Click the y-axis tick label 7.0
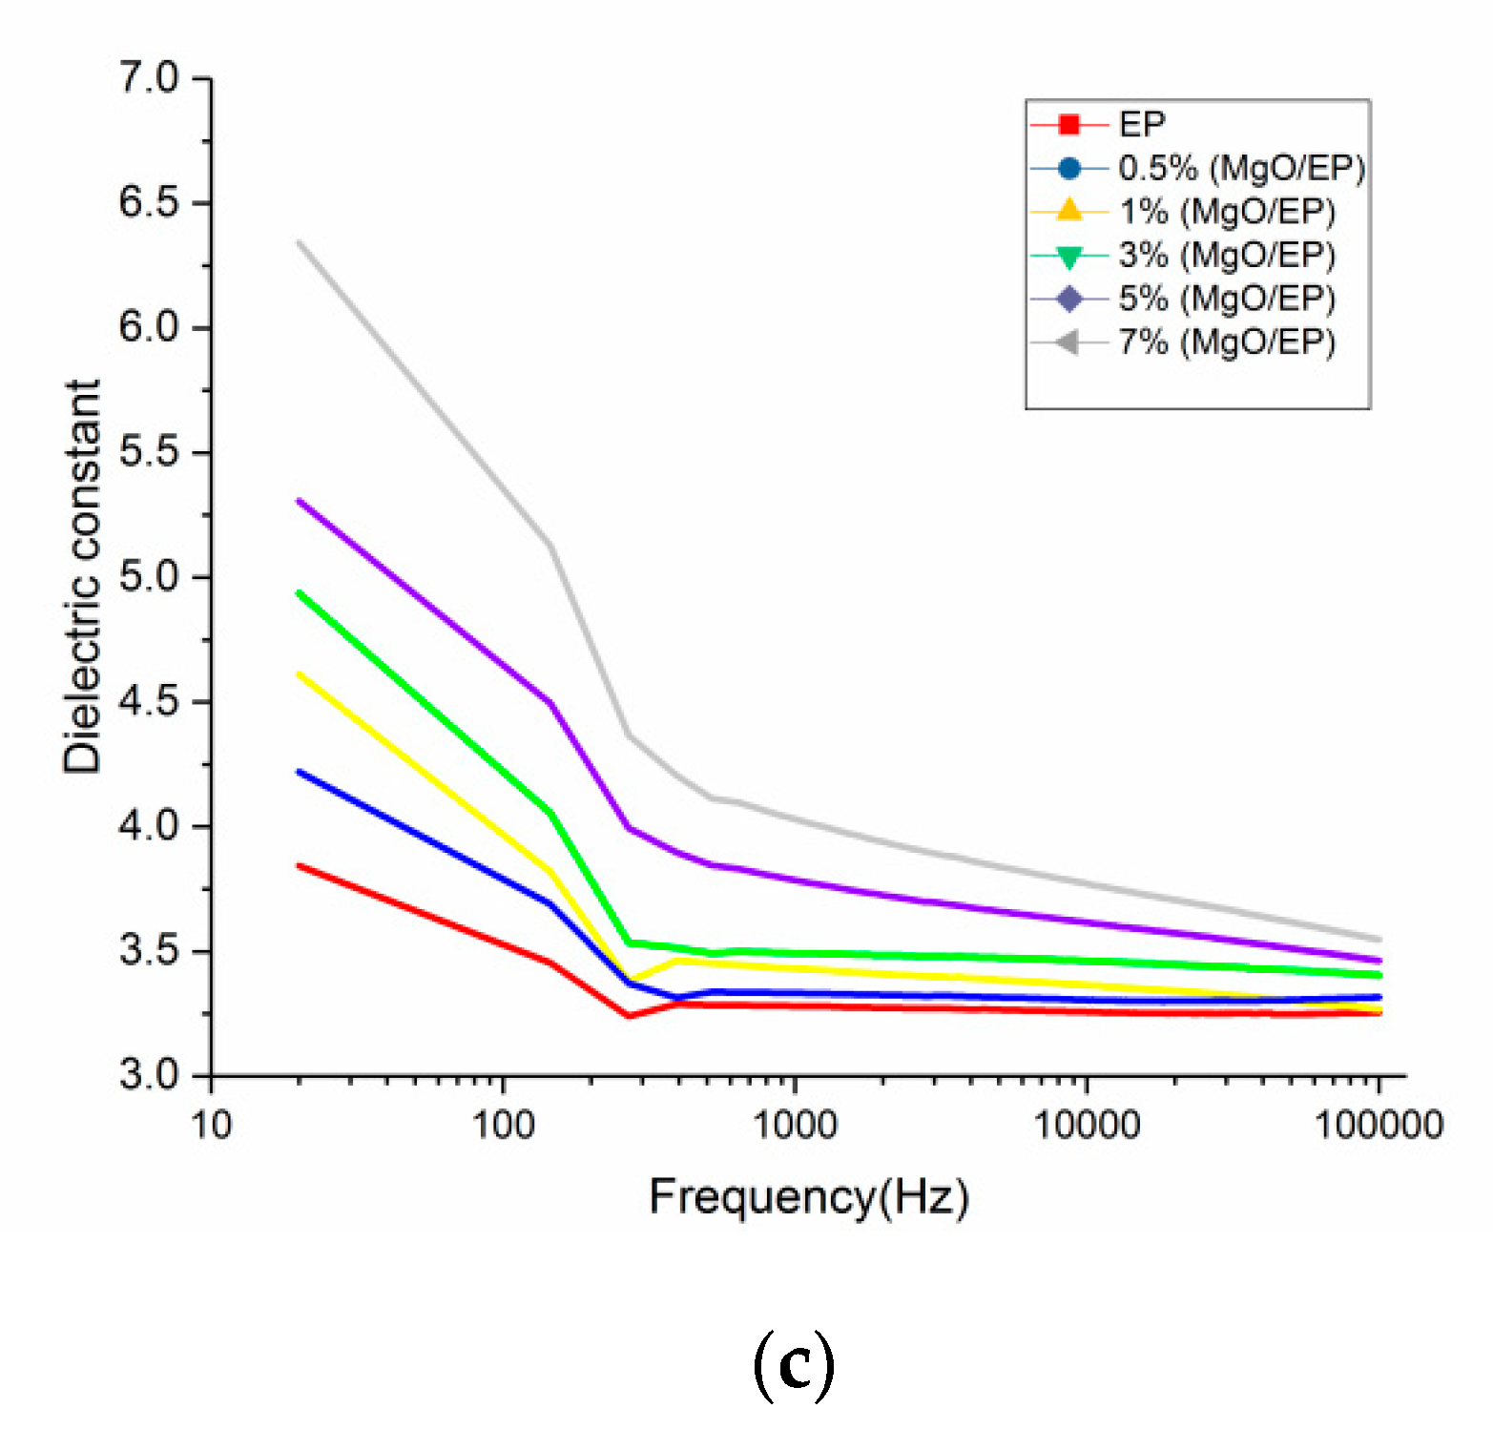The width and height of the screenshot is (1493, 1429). pyautogui.click(x=149, y=77)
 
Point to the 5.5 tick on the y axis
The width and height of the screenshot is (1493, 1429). pyautogui.click(x=149, y=452)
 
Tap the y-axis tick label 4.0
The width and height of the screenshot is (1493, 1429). pyautogui.click(x=149, y=826)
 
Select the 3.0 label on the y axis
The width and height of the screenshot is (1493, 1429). pyautogui.click(x=149, y=1075)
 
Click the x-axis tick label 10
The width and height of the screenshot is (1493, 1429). pyautogui.click(x=211, y=1126)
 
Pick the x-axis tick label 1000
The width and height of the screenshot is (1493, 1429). pyautogui.click(x=795, y=1126)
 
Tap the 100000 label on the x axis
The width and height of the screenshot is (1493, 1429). pyautogui.click(x=1379, y=1126)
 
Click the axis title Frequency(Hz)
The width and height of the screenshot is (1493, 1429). pyautogui.click(x=809, y=1196)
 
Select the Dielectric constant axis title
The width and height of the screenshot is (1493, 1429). pyautogui.click(x=82, y=576)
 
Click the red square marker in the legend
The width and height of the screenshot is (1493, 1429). pyautogui.click(x=1069, y=125)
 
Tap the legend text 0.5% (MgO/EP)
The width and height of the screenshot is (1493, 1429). pyautogui.click(x=1242, y=169)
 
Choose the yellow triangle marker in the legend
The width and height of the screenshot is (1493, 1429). pyautogui.click(x=1069, y=211)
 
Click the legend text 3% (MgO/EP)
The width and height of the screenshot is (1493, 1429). pyautogui.click(x=1227, y=256)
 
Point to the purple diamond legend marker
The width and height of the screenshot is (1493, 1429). pyautogui.click(x=1069, y=299)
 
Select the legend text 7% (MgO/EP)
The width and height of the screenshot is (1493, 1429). pyautogui.click(x=1227, y=342)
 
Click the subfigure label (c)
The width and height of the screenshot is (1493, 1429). pyautogui.click(x=794, y=1365)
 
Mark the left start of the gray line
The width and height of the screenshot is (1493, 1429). pyautogui.click(x=299, y=241)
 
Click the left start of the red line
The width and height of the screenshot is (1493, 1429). pyautogui.click(x=299, y=865)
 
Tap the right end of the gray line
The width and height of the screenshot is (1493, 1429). pyautogui.click(x=1379, y=939)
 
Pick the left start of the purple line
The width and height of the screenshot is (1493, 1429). pyautogui.click(x=299, y=500)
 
